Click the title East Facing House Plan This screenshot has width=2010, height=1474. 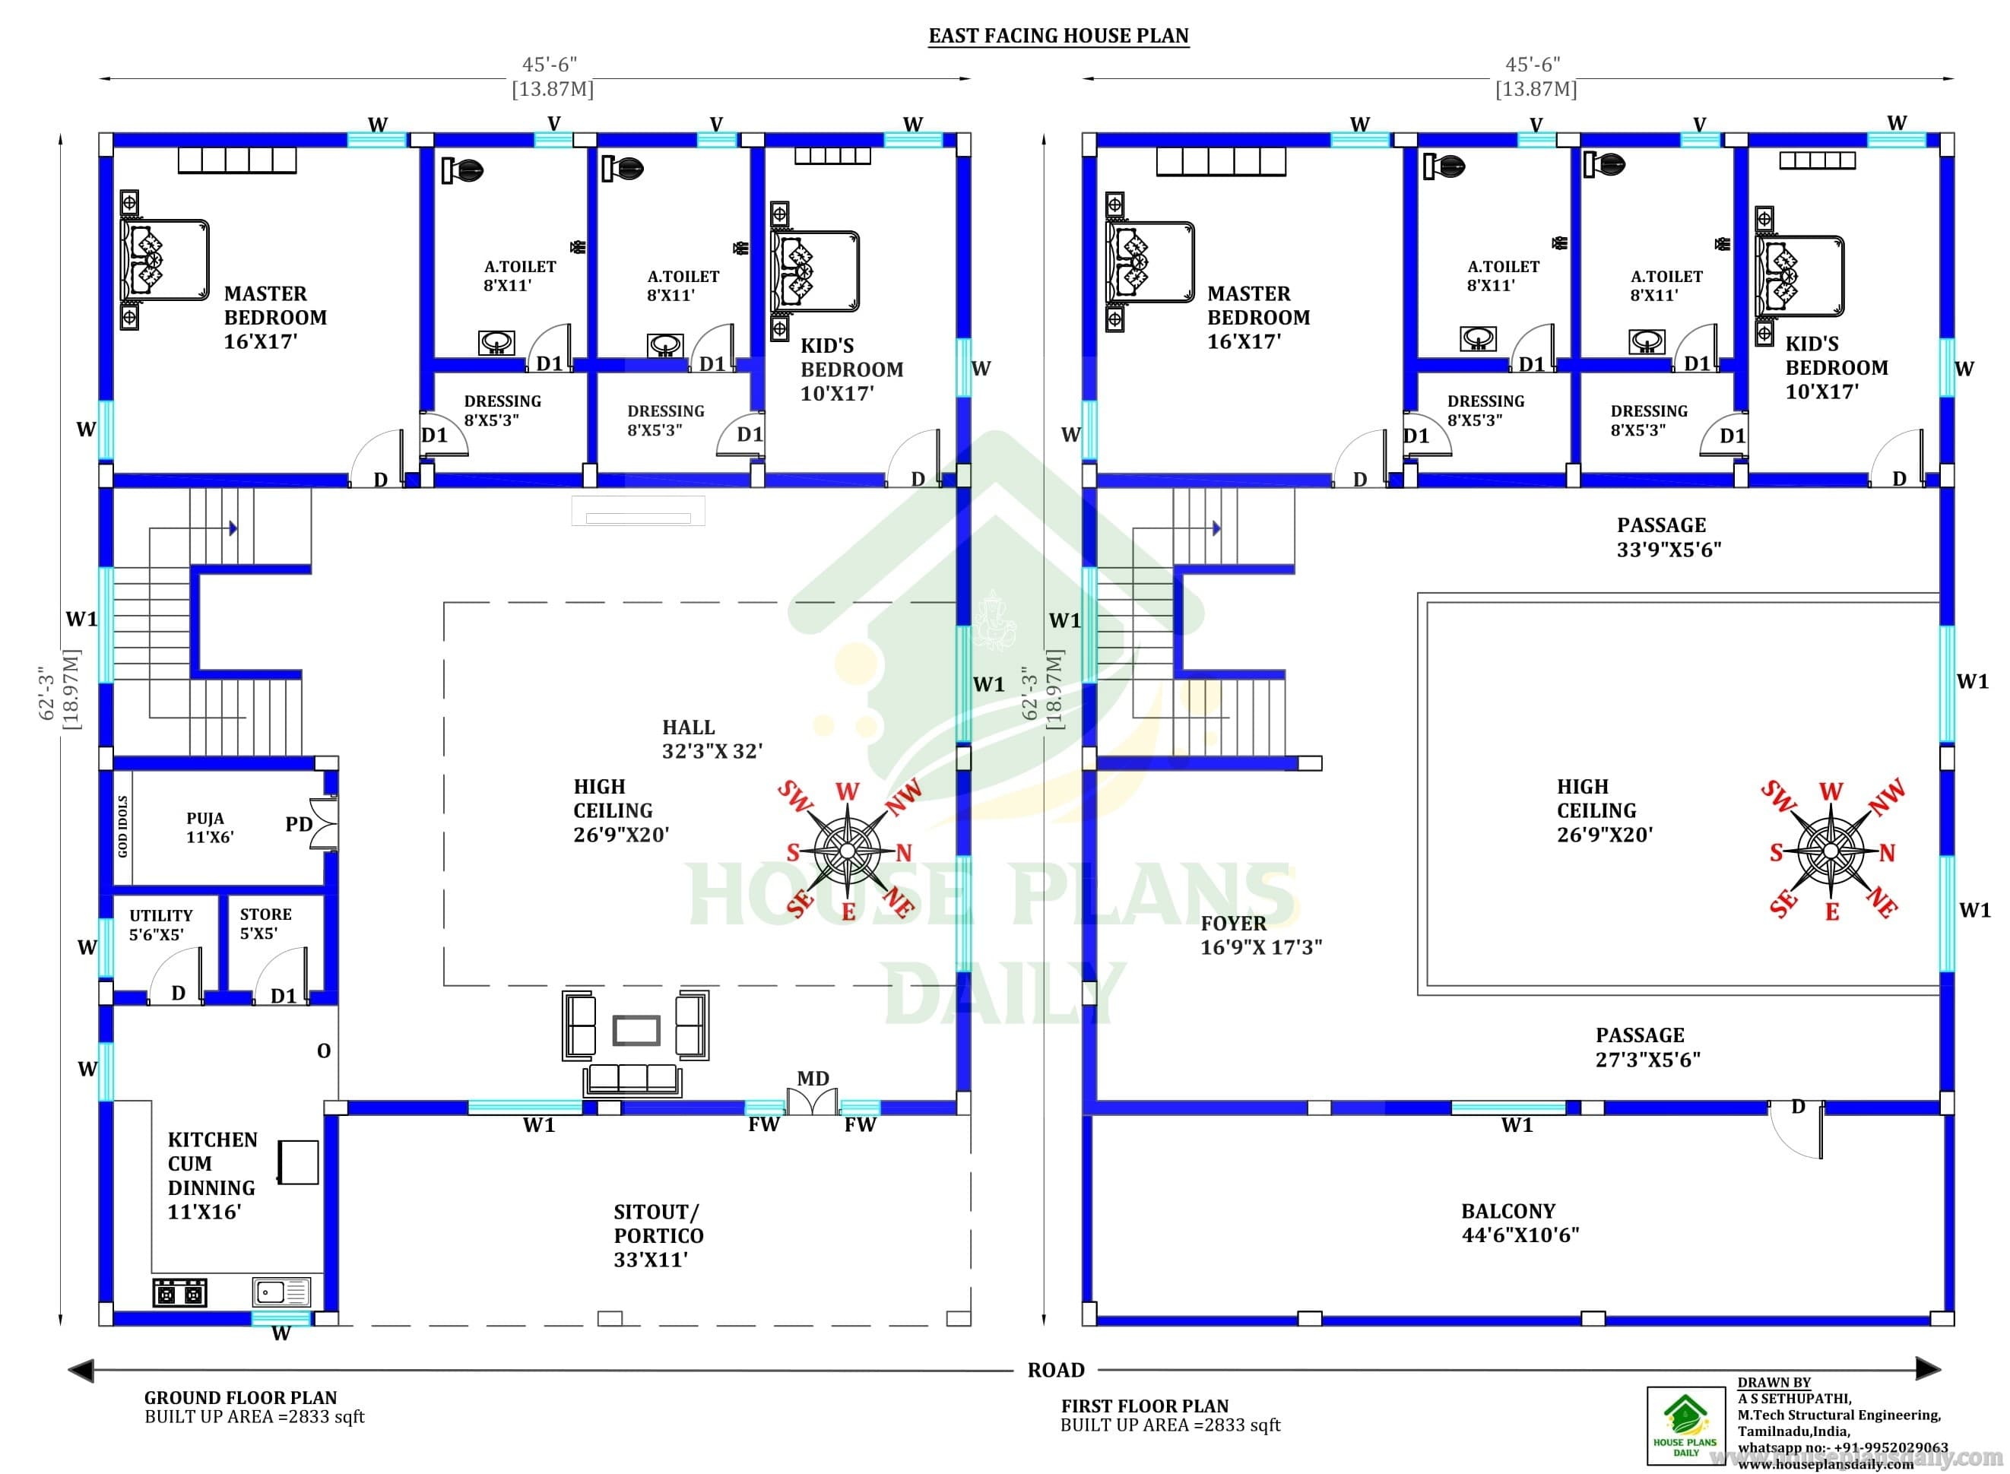coord(1058,36)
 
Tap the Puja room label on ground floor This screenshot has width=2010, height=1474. coord(210,827)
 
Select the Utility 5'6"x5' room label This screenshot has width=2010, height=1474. coord(160,924)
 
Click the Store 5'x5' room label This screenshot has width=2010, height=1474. coord(265,924)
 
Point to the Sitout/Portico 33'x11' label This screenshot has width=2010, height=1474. coord(658,1236)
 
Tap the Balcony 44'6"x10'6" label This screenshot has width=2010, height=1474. coord(1520,1223)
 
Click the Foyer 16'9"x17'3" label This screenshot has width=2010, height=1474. coord(1260,935)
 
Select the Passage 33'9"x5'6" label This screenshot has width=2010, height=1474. coord(1669,537)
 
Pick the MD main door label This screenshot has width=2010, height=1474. coord(813,1078)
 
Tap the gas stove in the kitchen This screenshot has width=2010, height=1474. coord(180,1292)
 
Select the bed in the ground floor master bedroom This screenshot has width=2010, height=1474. coord(164,260)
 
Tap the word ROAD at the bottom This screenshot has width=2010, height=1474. coord(1055,1370)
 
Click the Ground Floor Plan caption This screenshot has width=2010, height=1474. coord(241,1397)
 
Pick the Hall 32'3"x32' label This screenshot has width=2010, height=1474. coord(712,739)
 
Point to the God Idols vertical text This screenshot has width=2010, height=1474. coord(123,826)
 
